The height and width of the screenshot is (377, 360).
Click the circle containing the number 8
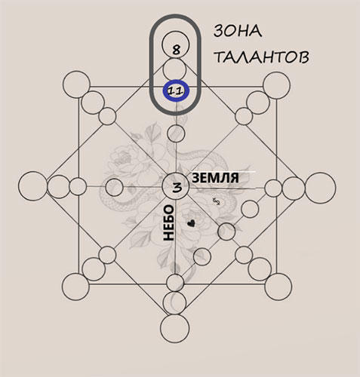click(175, 44)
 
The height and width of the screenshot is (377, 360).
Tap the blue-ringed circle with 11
click(176, 91)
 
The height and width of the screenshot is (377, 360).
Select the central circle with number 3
click(176, 186)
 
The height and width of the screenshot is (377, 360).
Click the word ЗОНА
click(238, 32)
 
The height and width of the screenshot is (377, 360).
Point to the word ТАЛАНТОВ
click(262, 57)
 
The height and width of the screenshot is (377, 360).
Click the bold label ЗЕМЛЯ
click(215, 178)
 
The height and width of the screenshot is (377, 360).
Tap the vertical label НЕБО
click(169, 222)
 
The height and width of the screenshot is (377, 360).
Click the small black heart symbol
click(192, 223)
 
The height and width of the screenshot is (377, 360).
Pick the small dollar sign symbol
click(217, 201)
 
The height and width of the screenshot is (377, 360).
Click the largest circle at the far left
click(32, 186)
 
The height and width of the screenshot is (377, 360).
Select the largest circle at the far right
click(321, 188)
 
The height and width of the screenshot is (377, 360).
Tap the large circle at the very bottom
click(174, 329)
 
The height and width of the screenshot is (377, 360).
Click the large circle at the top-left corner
click(76, 84)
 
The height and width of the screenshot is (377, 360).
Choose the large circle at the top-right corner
click(276, 85)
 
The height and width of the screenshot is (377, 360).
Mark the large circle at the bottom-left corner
click(75, 287)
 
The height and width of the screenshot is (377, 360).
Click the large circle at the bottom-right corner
click(278, 287)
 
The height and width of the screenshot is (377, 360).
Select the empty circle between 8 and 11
click(174, 69)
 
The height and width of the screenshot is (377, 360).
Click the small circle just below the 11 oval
click(176, 133)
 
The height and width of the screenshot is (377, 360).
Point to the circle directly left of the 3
click(114, 187)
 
